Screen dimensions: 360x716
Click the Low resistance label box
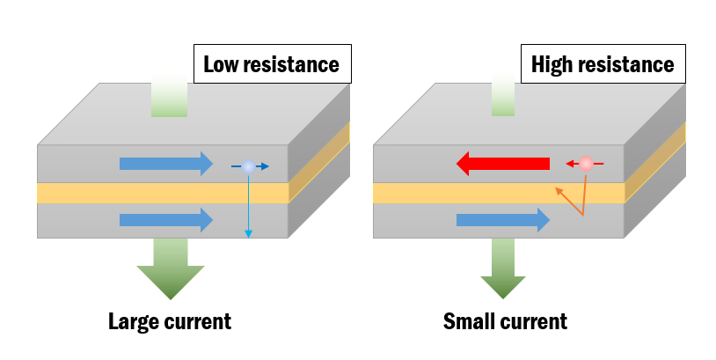point(271,64)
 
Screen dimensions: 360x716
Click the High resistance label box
point(603,64)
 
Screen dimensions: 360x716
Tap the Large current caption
point(169,321)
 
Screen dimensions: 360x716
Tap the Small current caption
point(505,321)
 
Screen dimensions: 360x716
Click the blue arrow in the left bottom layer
point(166,219)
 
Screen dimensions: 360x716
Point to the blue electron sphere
point(249,165)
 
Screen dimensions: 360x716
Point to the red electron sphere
point(586,164)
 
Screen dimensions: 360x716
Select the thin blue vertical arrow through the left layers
point(248,207)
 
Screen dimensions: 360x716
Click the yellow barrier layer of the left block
point(132,192)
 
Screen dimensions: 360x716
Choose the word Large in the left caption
point(133,321)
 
